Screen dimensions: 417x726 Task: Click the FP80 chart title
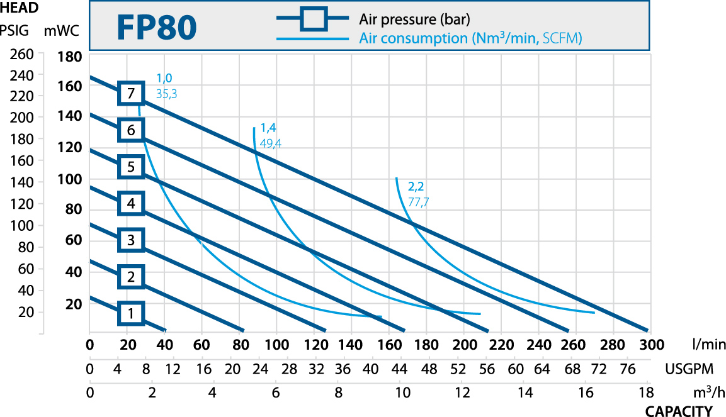tap(157, 28)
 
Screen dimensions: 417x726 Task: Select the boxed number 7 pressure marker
tap(131, 94)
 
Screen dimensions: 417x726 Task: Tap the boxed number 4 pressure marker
tap(131, 203)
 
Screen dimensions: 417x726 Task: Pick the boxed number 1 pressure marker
tap(131, 313)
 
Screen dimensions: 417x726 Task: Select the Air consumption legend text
tap(470, 38)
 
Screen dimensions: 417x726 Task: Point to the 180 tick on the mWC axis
tap(70, 57)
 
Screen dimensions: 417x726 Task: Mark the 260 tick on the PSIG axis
tap(22, 54)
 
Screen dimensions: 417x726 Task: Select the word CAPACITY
tap(679, 411)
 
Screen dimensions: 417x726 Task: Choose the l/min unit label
tap(708, 345)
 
